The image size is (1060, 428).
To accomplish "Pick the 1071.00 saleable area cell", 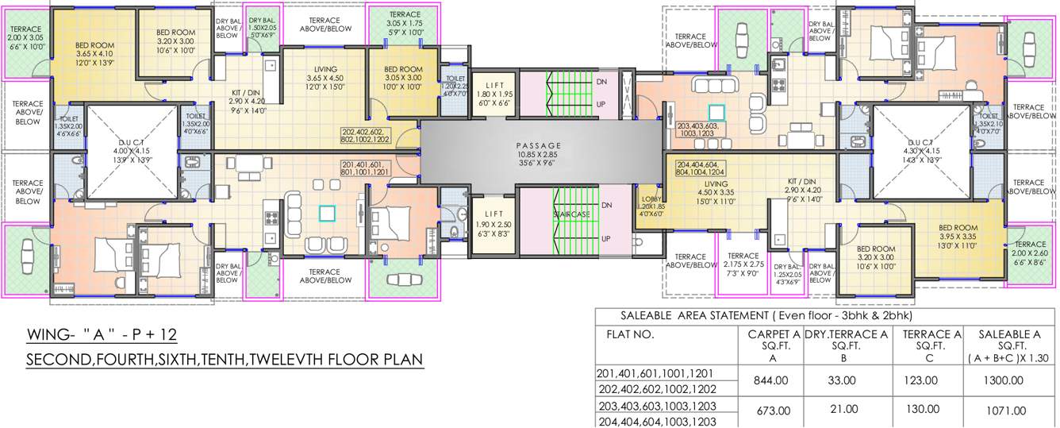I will [1004, 411].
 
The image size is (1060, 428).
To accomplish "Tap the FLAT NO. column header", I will [632, 334].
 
